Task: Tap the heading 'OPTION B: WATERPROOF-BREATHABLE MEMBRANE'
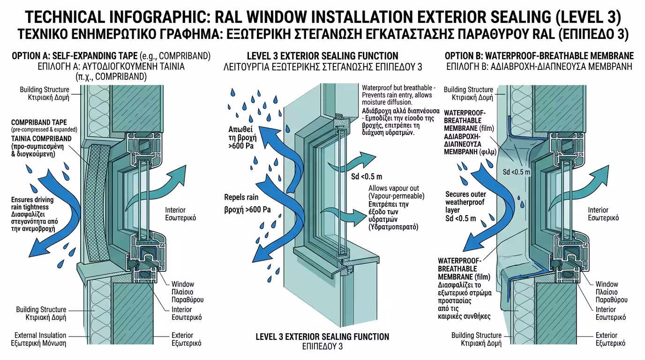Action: [539, 56]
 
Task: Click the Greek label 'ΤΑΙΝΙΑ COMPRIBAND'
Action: [41, 138]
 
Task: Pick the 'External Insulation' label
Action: [40, 335]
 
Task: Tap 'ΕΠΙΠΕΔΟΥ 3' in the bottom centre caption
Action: [322, 347]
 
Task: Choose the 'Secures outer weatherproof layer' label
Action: [465, 202]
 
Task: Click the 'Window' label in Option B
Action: [607, 284]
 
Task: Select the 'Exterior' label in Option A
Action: [182, 335]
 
